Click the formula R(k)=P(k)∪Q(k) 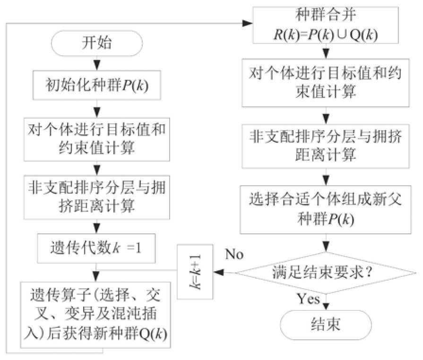tap(324, 34)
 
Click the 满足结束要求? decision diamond tap(324, 272)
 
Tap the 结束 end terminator tap(324, 325)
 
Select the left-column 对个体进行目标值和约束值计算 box tap(97, 139)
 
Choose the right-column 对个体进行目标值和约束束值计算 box tap(324, 82)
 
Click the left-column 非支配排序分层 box tap(97, 196)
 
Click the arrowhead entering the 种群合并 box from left tap(249, 22)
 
